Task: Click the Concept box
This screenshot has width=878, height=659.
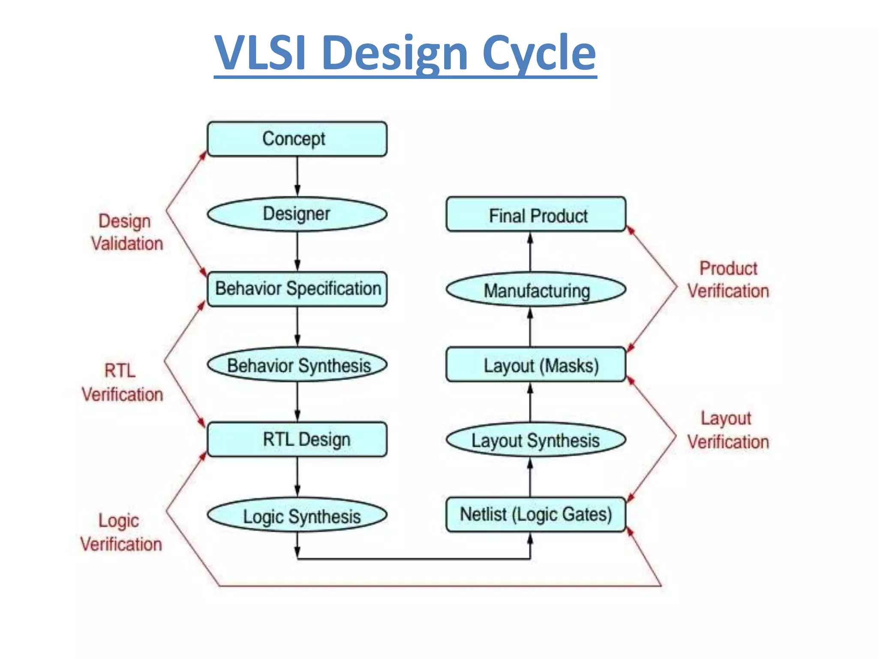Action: click(x=297, y=139)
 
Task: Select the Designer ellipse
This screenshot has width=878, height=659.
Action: click(x=297, y=214)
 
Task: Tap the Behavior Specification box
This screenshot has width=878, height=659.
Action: click(x=297, y=289)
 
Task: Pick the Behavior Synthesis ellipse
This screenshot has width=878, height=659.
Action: click(x=297, y=365)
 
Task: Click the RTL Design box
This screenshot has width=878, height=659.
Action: click(x=297, y=439)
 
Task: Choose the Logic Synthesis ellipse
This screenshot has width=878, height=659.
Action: click(x=297, y=515)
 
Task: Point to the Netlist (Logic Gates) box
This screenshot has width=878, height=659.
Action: click(x=535, y=514)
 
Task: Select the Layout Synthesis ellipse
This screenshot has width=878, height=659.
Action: click(x=535, y=440)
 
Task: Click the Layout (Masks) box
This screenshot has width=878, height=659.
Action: click(x=535, y=365)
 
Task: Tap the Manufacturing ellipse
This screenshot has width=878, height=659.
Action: click(x=535, y=290)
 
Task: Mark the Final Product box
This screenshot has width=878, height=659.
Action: click(x=535, y=215)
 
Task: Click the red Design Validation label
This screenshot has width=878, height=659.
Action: click(x=126, y=232)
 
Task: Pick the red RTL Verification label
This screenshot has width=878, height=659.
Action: click(x=122, y=382)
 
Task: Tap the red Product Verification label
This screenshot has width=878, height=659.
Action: click(x=728, y=280)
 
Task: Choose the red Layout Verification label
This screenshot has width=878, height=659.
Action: click(x=728, y=430)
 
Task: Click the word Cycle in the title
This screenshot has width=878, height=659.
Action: click(x=539, y=53)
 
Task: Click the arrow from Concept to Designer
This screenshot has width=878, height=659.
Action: click(x=297, y=176)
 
